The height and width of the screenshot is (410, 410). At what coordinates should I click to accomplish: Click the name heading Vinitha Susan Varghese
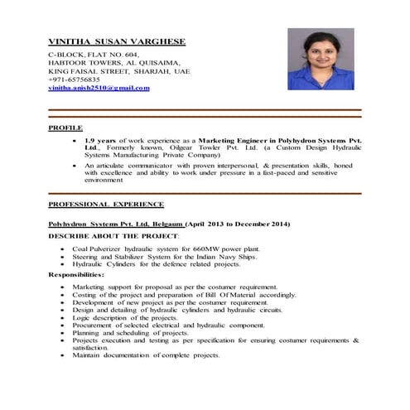pos(116,41)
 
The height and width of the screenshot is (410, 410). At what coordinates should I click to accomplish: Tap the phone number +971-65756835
pos(73,79)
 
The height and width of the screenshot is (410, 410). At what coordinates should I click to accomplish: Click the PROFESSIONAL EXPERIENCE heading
pos(105,204)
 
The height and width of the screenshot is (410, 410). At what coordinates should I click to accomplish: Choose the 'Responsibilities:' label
pos(76,274)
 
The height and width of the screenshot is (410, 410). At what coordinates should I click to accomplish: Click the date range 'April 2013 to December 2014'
pos(241,224)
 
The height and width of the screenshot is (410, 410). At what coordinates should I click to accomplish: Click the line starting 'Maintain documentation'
pos(146,355)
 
